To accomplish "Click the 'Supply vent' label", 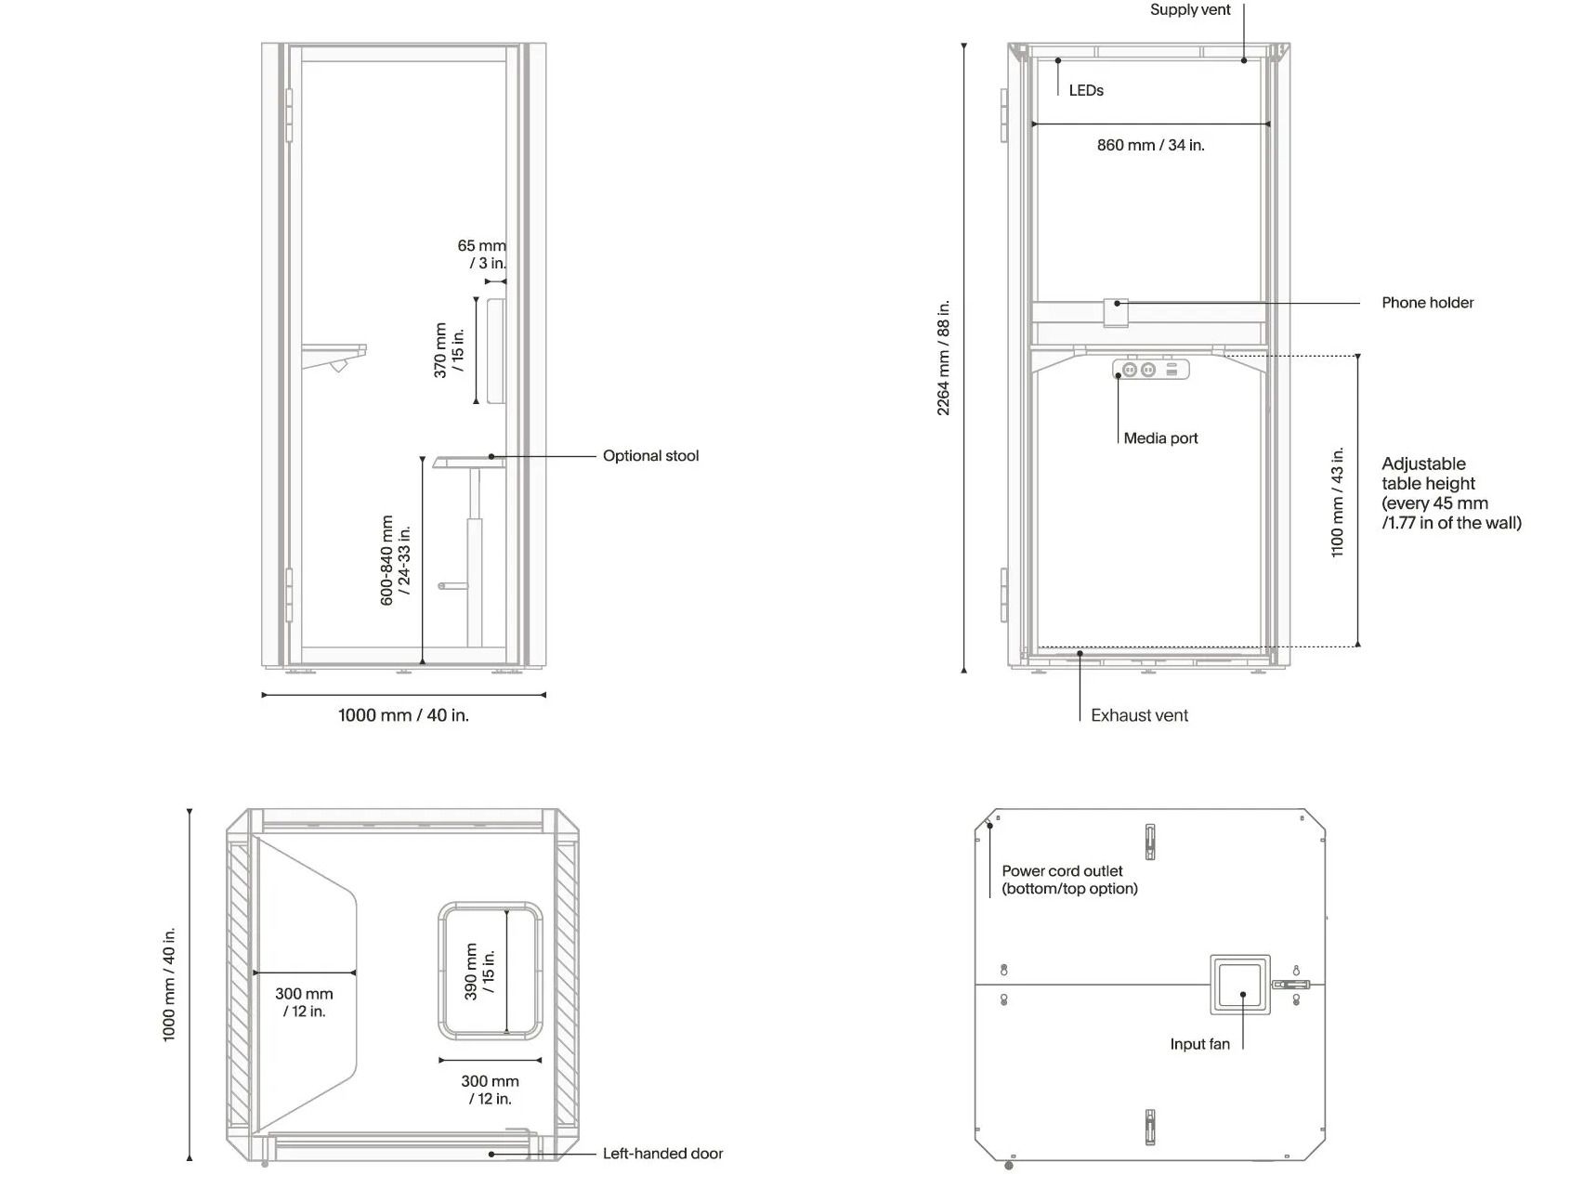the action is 1190,10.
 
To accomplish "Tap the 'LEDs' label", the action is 1086,90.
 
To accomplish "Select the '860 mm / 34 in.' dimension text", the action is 1150,145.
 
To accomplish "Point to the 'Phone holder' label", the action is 1427,303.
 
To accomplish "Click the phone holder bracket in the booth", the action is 1116,313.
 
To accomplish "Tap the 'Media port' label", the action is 1160,438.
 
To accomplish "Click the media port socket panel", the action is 1150,370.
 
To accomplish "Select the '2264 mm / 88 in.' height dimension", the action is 944,358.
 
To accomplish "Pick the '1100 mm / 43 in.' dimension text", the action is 1338,503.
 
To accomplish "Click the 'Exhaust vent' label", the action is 1139,715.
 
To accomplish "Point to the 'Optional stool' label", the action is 650,456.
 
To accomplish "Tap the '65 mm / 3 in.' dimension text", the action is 482,255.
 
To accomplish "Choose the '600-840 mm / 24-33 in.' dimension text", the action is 396,561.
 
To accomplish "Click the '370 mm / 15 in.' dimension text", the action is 449,350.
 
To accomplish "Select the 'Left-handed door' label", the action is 662,1154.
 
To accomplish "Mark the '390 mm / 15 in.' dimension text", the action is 479,972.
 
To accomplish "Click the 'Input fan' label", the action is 1199,1044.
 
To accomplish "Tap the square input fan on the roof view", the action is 1240,985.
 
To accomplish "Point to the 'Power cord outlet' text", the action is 1062,871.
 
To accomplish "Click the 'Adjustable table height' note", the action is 1451,493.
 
